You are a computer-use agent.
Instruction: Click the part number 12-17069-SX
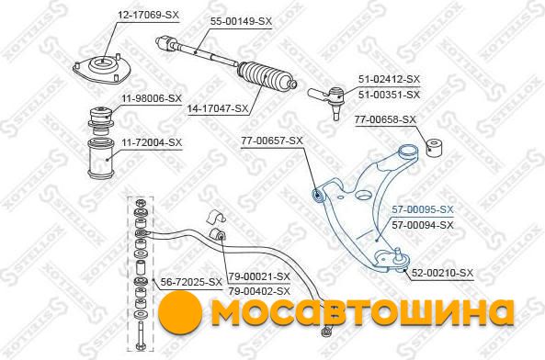click(148, 15)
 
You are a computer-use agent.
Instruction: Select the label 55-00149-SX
click(241, 21)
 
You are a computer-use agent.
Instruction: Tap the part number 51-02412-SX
click(390, 79)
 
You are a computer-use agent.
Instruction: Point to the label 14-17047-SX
click(218, 108)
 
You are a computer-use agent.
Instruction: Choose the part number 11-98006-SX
click(152, 98)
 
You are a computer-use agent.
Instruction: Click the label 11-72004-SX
click(152, 142)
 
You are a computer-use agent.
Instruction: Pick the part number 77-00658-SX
click(385, 119)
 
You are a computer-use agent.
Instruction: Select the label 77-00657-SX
click(272, 141)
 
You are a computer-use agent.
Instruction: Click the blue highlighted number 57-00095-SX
click(423, 209)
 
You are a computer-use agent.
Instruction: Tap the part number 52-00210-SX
click(442, 273)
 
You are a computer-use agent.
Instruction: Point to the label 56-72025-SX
click(191, 282)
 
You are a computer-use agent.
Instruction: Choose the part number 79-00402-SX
click(259, 291)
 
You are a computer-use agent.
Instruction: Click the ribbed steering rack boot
click(267, 78)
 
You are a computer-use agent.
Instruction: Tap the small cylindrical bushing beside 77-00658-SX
click(435, 148)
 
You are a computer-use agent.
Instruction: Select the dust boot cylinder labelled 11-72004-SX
click(101, 158)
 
